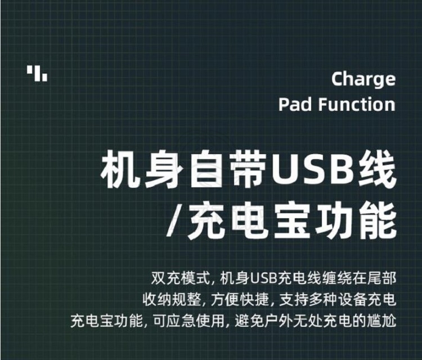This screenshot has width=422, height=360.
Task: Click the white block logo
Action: (37, 74)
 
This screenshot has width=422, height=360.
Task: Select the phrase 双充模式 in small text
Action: (181, 278)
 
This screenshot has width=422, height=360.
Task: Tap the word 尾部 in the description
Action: (381, 278)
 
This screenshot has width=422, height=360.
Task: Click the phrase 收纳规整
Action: (172, 299)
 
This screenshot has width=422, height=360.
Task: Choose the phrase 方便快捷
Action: (240, 299)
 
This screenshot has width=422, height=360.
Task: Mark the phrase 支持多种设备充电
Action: (338, 299)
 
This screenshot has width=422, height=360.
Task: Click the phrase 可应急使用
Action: (188, 321)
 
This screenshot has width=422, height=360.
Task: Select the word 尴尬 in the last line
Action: (381, 321)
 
